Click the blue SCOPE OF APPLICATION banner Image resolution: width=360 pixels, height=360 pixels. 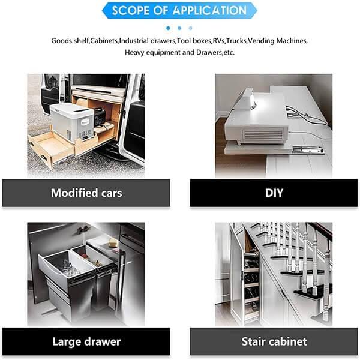pos(179,11)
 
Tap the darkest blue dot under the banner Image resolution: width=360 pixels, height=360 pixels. pos(168,28)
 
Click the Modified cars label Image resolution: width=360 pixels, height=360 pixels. pos(86,193)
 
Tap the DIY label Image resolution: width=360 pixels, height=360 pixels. pos(274,193)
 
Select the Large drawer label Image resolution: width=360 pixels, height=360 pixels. pos(86,341)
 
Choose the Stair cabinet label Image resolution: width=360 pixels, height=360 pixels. pos(274,341)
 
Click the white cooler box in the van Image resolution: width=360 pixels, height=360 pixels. pos(71,121)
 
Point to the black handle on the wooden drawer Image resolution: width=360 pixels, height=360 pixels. pos(44,157)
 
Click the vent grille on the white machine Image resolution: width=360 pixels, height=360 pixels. pos(263,134)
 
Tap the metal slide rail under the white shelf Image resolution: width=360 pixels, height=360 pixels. pos(308,150)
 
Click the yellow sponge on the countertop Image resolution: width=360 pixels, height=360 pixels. pos(113,242)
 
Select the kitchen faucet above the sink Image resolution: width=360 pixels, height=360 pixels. pos(83,230)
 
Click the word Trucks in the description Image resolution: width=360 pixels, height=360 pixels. pos(237,41)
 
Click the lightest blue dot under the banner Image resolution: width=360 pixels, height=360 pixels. pos(190,28)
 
